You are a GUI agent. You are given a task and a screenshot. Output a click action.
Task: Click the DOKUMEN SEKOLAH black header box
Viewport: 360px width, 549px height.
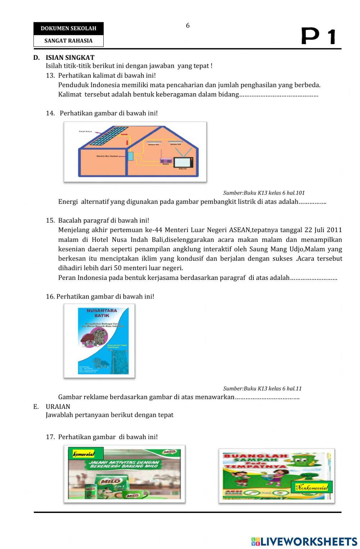coord(68,28)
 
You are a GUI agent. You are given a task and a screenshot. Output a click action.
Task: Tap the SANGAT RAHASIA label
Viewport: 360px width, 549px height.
coord(68,41)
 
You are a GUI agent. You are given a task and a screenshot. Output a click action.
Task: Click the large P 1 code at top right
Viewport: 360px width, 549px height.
coord(318,36)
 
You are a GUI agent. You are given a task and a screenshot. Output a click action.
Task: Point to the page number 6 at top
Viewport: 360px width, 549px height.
coord(188,26)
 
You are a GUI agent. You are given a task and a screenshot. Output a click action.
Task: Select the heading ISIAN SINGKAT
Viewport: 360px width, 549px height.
coord(70,58)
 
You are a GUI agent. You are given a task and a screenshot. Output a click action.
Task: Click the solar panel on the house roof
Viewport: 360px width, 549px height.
coord(108,136)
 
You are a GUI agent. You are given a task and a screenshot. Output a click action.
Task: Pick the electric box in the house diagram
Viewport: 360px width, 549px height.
coord(130,156)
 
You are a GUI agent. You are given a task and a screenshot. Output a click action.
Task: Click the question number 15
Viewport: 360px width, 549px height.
coord(50,220)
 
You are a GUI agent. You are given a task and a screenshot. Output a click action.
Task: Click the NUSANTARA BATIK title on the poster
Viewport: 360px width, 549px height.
coord(102,313)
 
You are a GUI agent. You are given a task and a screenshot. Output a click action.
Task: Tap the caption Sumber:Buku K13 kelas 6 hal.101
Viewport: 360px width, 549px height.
coord(264,193)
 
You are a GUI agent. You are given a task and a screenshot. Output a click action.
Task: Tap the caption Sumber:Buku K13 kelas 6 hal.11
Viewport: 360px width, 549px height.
coord(262,388)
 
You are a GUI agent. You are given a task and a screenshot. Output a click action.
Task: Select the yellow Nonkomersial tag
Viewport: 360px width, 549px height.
coord(311,487)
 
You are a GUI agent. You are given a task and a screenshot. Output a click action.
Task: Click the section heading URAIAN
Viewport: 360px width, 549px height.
coord(58,407)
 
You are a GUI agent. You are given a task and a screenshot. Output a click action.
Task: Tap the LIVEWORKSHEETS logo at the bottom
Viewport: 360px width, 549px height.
coord(304,541)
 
